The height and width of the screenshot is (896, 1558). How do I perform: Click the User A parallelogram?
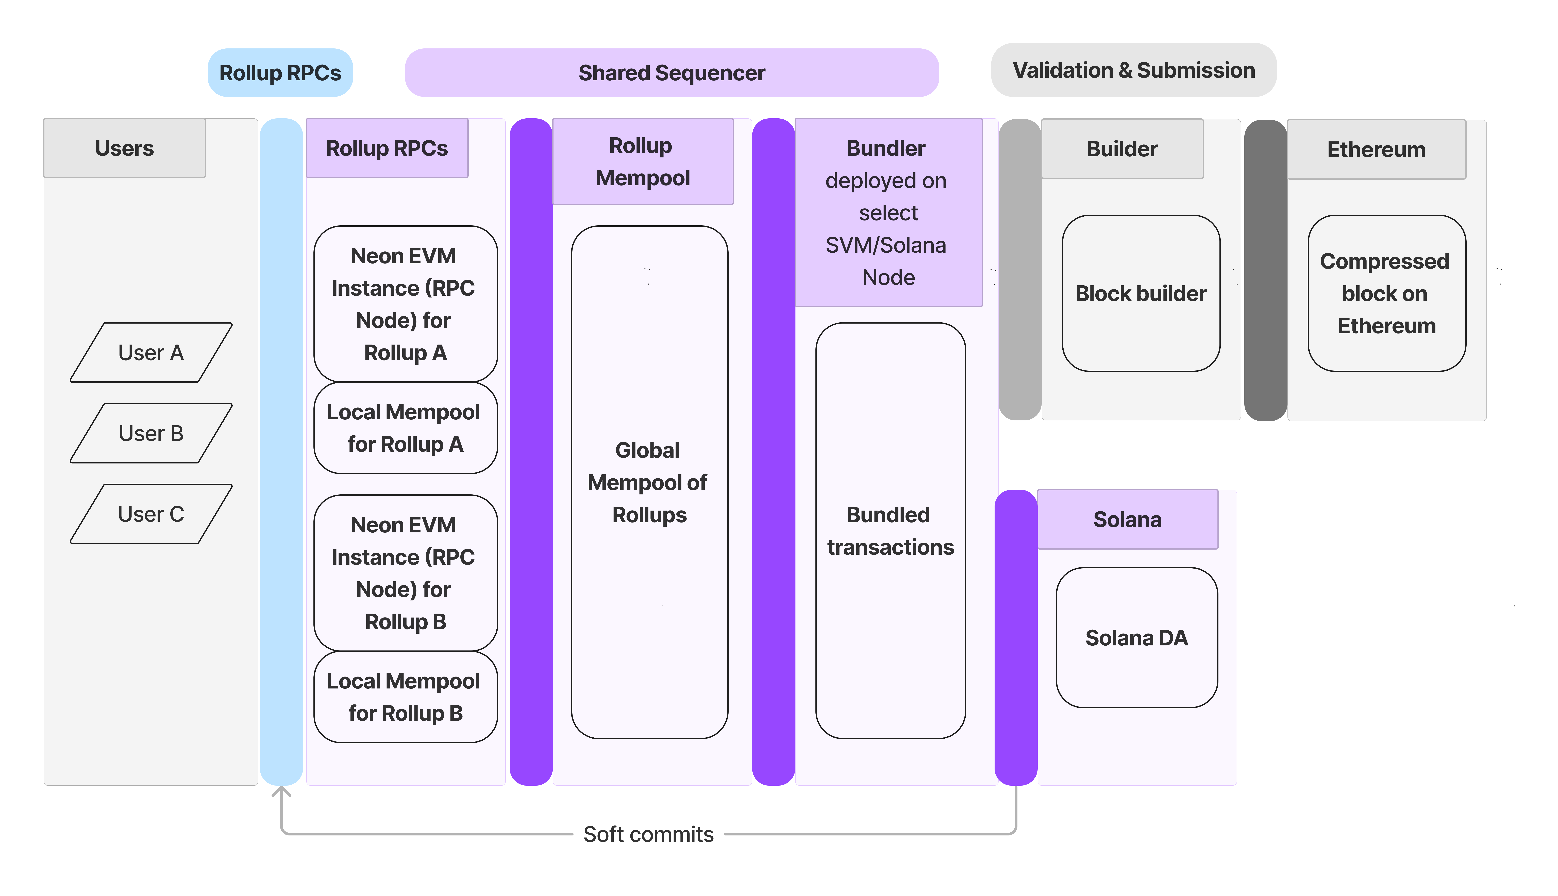(151, 353)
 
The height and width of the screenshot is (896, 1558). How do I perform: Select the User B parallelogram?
(151, 433)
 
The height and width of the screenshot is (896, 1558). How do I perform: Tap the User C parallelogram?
(151, 514)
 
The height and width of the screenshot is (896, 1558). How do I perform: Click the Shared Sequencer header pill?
(672, 73)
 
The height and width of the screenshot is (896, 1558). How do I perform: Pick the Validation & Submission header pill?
(1134, 70)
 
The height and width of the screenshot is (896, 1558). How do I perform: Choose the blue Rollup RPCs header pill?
(280, 73)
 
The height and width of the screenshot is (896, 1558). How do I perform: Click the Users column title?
(124, 148)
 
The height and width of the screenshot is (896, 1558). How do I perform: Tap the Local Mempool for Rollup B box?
(405, 697)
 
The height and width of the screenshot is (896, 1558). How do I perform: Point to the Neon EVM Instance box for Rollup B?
(405, 573)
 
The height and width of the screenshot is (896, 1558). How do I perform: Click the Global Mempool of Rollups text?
(648, 482)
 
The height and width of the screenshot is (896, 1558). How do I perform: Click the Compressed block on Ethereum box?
(1386, 294)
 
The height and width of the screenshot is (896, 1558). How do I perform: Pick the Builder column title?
(1122, 149)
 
